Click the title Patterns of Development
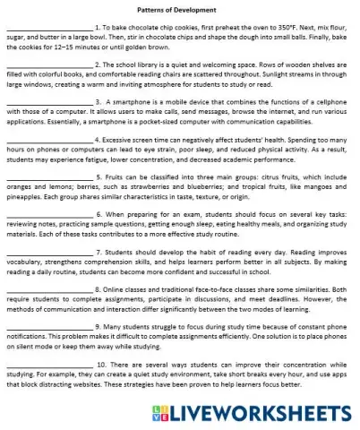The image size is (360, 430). pos(179,9)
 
